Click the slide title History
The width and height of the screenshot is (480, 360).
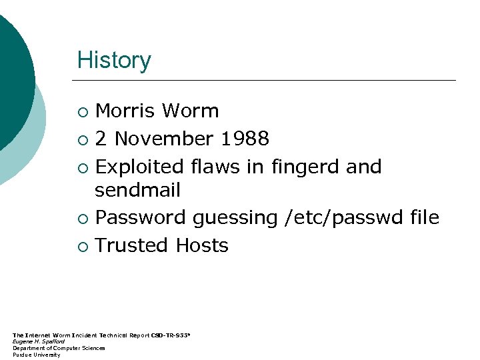[114, 60]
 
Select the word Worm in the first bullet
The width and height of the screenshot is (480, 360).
[191, 111]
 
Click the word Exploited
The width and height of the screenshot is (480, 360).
[140, 166]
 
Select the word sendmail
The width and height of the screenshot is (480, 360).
[137, 191]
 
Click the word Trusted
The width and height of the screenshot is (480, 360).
[132, 245]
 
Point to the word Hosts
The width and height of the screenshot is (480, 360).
[202, 245]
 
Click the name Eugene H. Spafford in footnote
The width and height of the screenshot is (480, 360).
[39, 341]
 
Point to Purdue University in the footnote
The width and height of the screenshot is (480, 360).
[36, 355]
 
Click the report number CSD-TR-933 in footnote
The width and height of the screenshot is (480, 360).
[170, 335]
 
